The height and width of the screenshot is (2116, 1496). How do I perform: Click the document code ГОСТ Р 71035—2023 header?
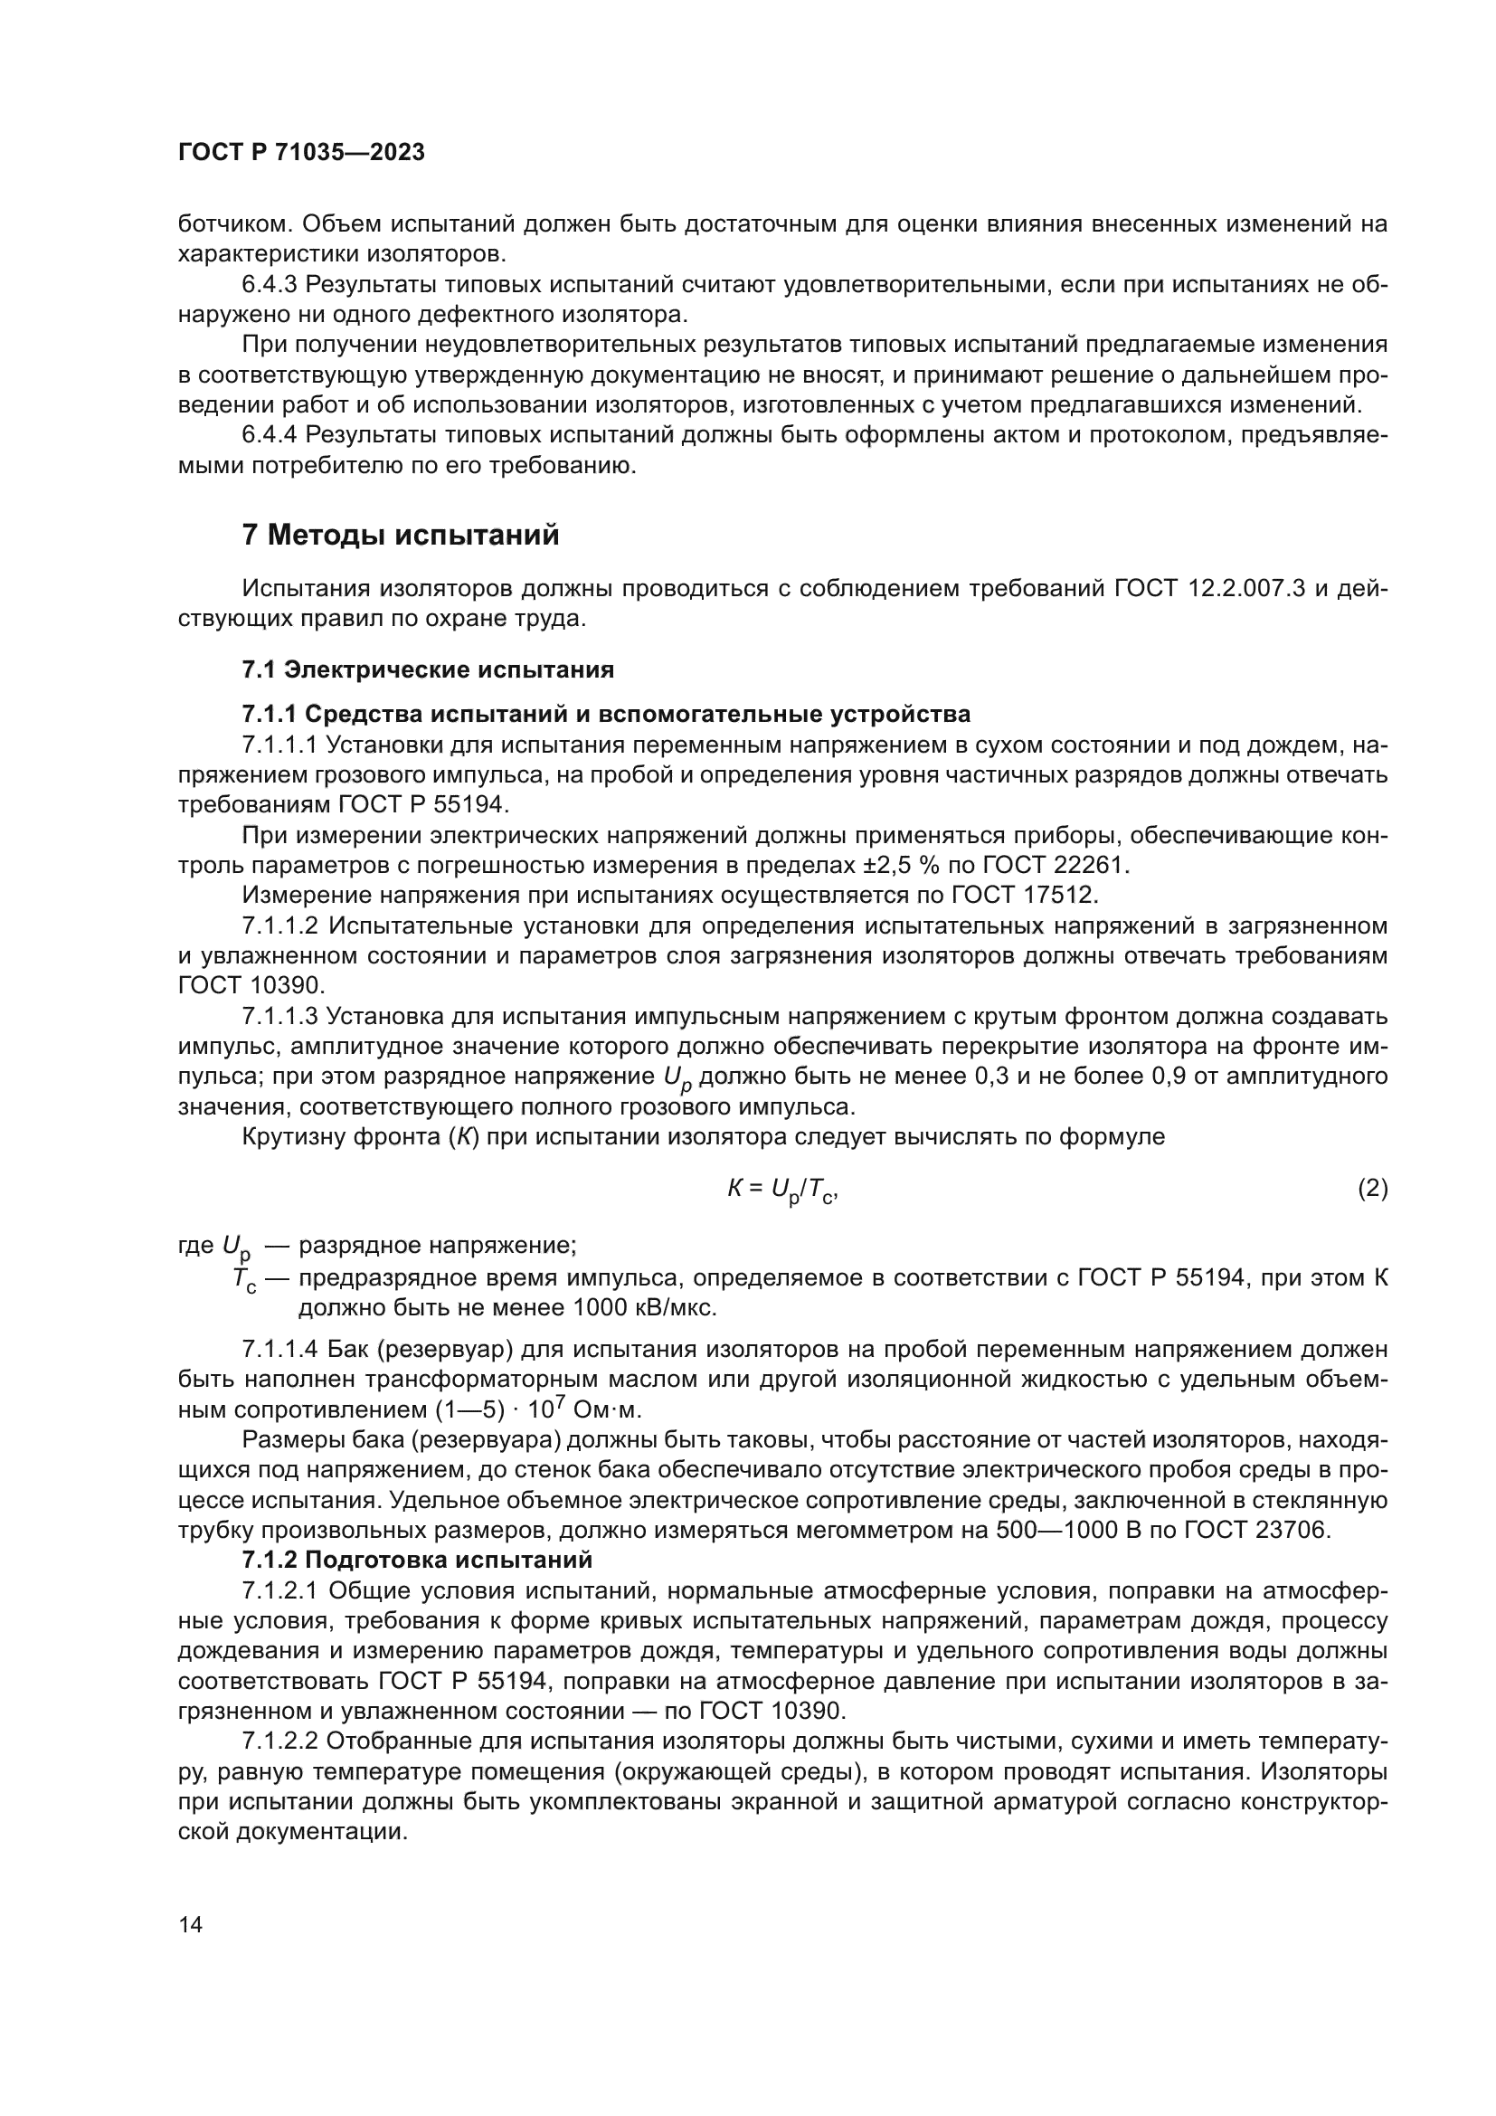point(301,153)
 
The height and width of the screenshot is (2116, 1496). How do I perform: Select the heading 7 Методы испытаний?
point(401,535)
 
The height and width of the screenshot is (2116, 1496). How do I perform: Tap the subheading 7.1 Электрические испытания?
point(428,669)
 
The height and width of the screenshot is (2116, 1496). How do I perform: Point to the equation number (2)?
point(1373,1189)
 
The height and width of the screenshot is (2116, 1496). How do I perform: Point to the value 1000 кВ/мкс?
point(644,1308)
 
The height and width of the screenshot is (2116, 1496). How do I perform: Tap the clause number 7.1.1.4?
point(279,1350)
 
